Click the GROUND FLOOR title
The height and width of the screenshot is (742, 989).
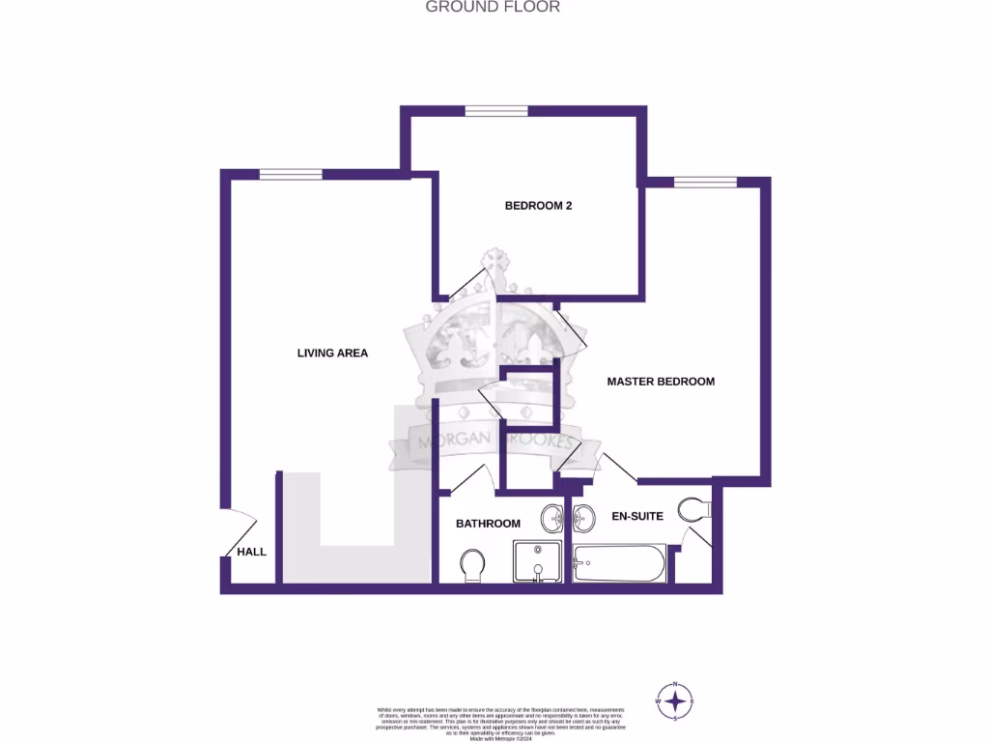[494, 7]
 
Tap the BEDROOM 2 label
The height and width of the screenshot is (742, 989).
[539, 206]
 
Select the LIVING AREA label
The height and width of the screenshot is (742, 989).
[332, 354]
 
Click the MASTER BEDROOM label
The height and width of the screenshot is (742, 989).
[661, 382]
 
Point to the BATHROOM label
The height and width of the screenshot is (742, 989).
[488, 524]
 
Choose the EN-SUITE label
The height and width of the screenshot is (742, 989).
[637, 517]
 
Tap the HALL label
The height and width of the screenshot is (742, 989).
[251, 552]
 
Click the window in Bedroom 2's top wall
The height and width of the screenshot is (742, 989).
[495, 111]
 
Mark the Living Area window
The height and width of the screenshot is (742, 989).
[290, 174]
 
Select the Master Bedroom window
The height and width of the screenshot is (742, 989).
[705, 182]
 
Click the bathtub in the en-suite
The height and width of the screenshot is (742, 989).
[619, 562]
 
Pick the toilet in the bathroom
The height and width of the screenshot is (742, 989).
[473, 565]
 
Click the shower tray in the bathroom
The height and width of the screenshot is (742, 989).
[537, 561]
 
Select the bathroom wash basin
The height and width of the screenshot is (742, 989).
[554, 517]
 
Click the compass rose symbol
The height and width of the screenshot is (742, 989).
[675, 700]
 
